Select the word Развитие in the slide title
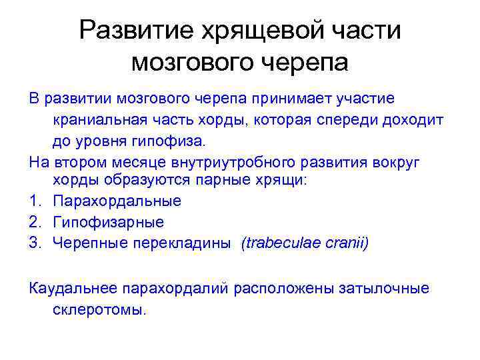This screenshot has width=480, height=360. coord(131,30)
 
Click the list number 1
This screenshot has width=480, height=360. coord(34,201)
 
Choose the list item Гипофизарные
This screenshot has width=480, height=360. coord(108,222)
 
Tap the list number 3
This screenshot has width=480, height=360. coord(34,243)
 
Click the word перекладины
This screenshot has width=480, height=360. coord(185,243)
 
